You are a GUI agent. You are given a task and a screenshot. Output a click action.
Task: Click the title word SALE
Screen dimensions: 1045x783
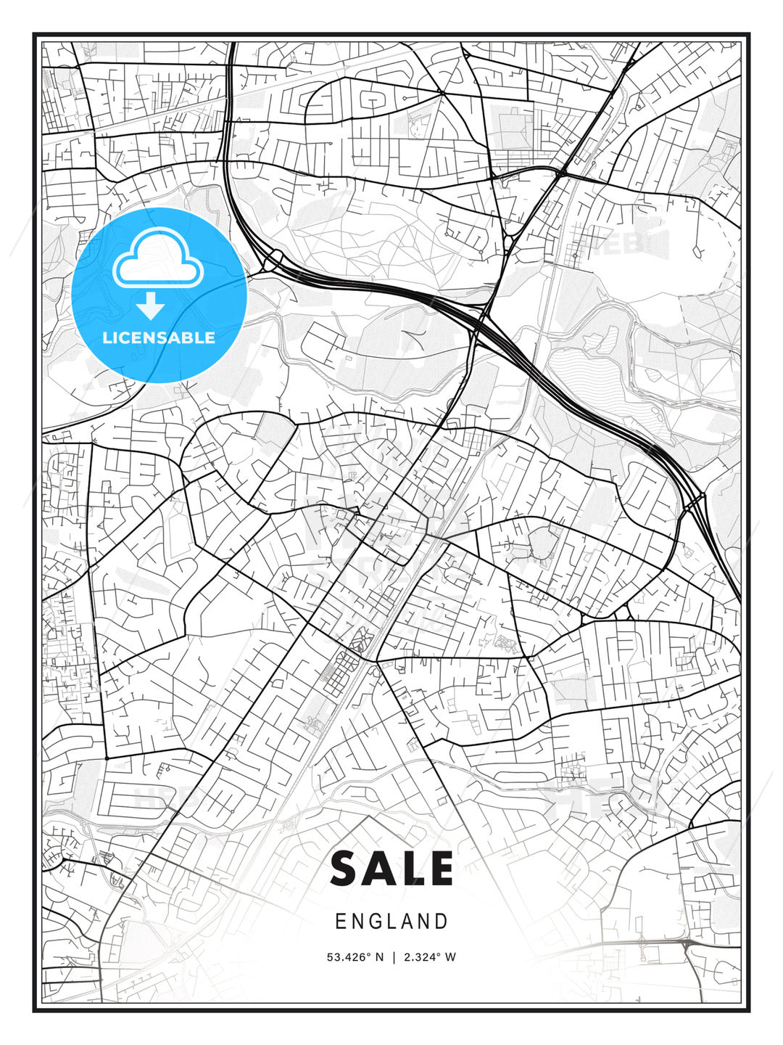(x=391, y=869)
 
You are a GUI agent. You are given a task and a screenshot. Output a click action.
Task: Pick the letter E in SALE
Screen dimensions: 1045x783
(x=439, y=869)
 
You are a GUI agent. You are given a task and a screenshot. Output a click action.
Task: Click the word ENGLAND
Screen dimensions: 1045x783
(x=391, y=922)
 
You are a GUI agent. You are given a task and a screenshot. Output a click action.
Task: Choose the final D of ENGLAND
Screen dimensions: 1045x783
(x=442, y=922)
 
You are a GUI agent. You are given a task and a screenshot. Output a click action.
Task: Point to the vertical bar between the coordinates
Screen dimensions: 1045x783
(x=392, y=957)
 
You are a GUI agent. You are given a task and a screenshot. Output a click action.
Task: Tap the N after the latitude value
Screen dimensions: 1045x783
(x=378, y=957)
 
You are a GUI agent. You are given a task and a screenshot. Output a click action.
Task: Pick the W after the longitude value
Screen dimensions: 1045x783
(x=451, y=957)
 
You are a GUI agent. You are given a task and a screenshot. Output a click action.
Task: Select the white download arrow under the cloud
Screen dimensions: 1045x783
(x=151, y=306)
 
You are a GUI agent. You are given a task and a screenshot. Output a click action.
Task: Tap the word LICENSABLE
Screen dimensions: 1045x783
(x=159, y=337)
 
